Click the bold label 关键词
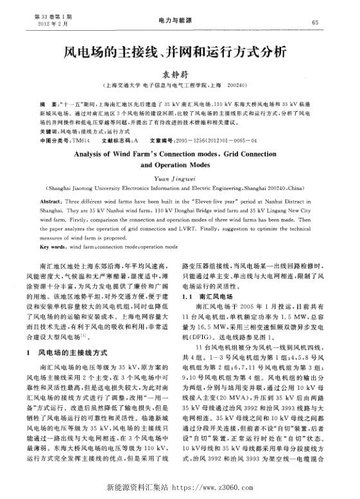click(x=49, y=130)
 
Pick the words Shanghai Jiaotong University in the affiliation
click(x=80, y=190)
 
